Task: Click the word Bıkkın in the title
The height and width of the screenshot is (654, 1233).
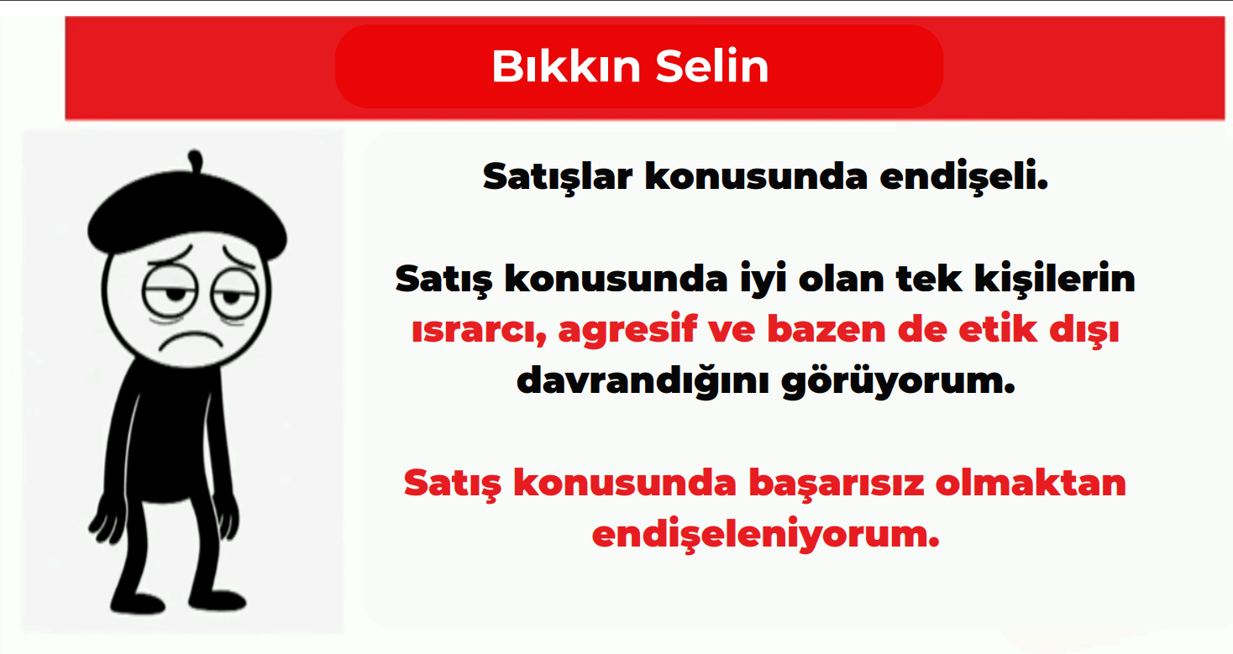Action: [x=566, y=66]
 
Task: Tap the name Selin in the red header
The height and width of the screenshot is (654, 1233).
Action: [x=712, y=66]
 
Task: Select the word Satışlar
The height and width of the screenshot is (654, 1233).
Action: [x=558, y=177]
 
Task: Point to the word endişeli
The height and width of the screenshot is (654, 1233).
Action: [x=964, y=177]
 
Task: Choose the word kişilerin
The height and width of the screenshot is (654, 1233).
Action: [x=1055, y=280]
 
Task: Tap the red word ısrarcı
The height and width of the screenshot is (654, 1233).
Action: [x=479, y=330]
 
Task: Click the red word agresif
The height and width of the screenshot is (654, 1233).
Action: [x=628, y=330]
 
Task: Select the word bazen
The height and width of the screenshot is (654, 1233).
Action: [x=826, y=329]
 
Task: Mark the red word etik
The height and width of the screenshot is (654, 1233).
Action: [x=998, y=329]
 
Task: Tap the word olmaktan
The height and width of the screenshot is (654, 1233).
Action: [x=1031, y=483]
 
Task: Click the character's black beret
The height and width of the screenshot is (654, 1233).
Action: [x=186, y=212]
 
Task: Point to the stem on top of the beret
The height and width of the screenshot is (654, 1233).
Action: [x=196, y=160]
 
